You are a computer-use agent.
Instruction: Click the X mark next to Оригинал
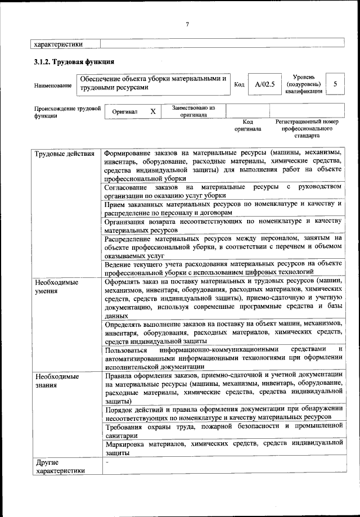152,111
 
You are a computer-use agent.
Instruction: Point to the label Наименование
53,86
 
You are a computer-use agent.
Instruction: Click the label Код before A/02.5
239,84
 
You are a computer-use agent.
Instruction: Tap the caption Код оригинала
247,125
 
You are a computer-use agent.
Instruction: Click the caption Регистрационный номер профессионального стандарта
307,128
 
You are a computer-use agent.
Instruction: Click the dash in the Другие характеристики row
106,462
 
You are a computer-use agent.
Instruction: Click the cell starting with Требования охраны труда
223,430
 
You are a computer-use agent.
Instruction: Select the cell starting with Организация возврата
223,226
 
